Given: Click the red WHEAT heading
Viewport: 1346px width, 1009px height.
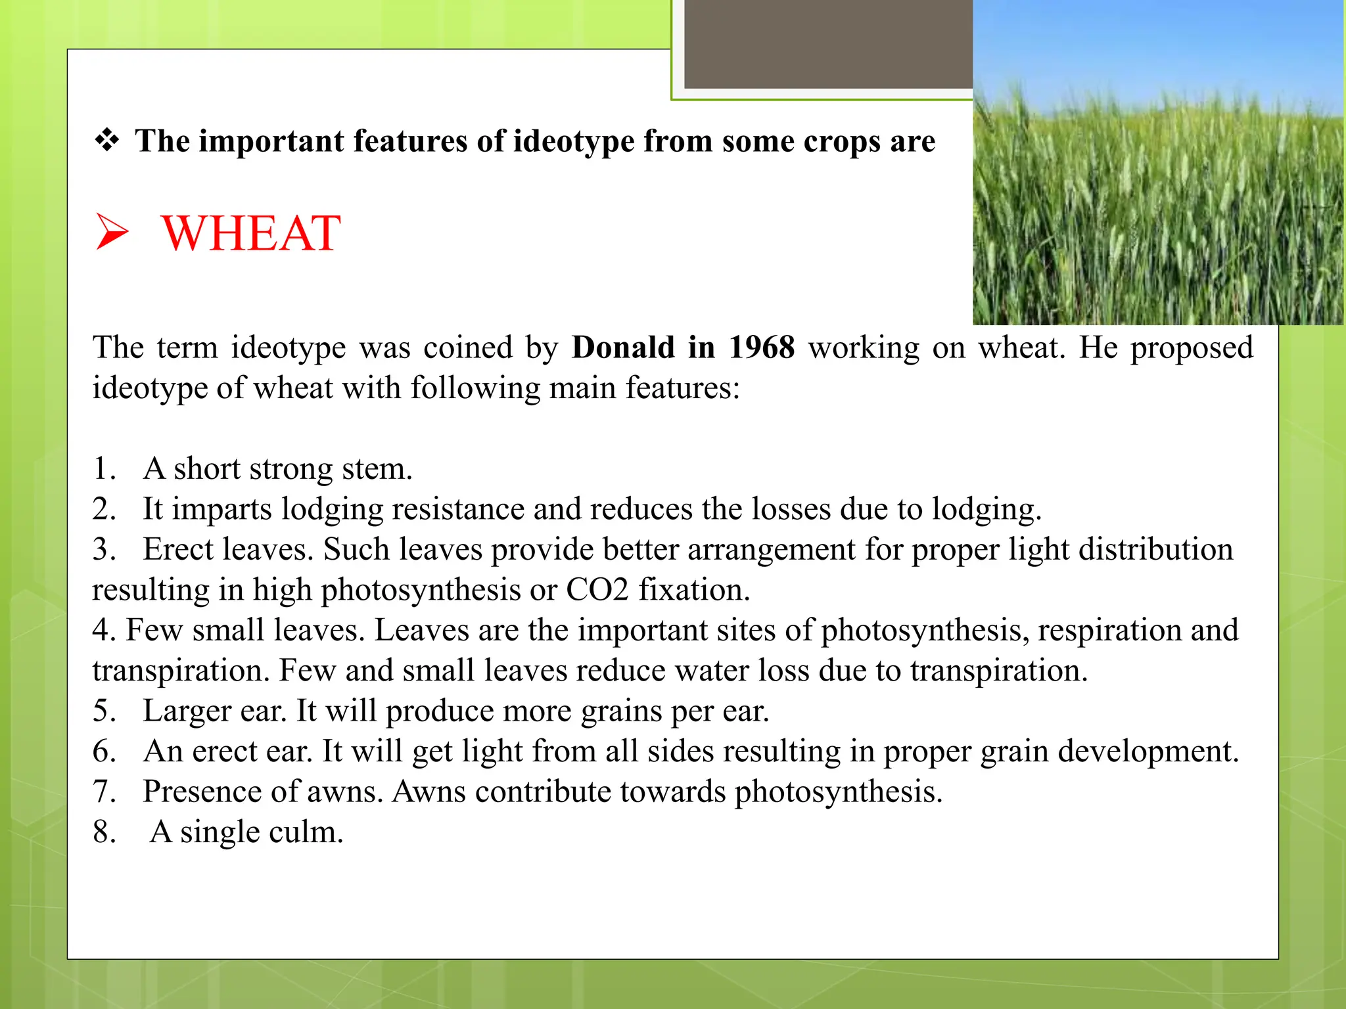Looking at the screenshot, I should tap(250, 233).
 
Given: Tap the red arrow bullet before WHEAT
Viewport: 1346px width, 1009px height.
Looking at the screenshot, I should tap(112, 231).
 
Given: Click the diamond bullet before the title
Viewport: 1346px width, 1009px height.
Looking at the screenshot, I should tap(106, 140).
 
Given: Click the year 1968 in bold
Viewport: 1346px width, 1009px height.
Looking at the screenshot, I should tap(762, 348).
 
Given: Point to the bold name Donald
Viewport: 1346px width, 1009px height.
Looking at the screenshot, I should tap(623, 348).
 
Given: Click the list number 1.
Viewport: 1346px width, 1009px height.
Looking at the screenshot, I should tap(103, 469).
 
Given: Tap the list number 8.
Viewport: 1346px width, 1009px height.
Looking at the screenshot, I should tap(104, 832).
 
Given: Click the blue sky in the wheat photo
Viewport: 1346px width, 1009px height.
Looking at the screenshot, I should tap(1157, 39).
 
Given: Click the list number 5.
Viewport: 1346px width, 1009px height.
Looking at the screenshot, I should tap(103, 711).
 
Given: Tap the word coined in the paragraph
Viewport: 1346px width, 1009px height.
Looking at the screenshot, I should tap(467, 348).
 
